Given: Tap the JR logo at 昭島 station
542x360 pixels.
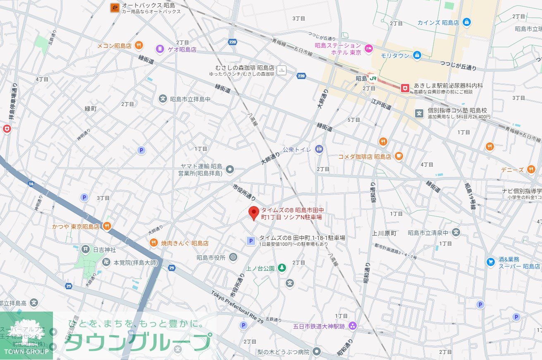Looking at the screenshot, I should (373, 78).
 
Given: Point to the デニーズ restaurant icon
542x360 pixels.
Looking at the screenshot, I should (531, 170).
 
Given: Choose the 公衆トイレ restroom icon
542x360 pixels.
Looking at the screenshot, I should (319, 149).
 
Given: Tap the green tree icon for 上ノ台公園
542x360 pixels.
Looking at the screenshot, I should (282, 268).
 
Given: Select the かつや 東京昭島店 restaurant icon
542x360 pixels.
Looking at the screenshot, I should (107, 226).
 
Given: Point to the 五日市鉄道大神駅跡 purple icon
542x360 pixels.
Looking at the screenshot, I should (352, 326).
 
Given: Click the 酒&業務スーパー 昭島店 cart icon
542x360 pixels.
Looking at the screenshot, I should (491, 262).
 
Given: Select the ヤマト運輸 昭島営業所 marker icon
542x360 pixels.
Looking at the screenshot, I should (230, 169).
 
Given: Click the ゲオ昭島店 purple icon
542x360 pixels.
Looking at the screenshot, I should (160, 49).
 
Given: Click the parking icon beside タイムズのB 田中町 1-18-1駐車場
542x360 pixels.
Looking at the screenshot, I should (250, 241).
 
